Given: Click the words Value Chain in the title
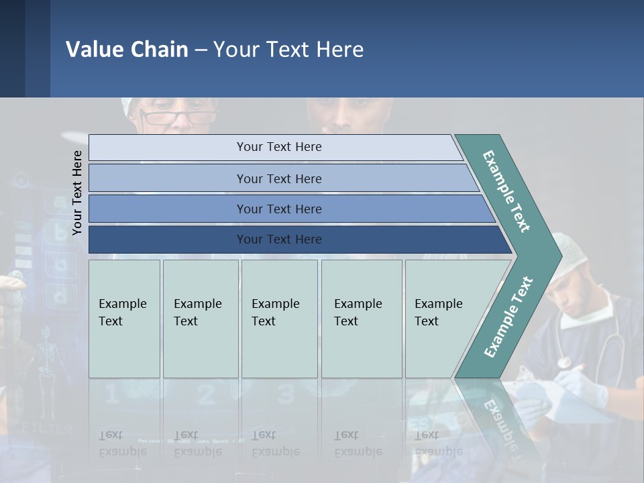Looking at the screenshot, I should (x=127, y=49).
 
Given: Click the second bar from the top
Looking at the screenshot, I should (x=279, y=178).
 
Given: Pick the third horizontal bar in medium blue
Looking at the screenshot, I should (x=279, y=209).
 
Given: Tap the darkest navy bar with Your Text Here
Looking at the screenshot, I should (x=279, y=239).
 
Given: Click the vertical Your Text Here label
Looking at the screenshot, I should (x=77, y=193).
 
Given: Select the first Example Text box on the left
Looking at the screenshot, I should (x=124, y=319).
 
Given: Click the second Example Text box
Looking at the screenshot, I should (x=201, y=319).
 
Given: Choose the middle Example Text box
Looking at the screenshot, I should (x=279, y=319).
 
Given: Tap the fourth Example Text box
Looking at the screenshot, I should (x=362, y=319).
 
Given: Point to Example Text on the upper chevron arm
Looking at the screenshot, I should (x=506, y=191).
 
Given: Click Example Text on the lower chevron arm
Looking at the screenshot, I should (x=508, y=317).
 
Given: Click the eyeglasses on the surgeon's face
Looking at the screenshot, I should (x=177, y=118).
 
